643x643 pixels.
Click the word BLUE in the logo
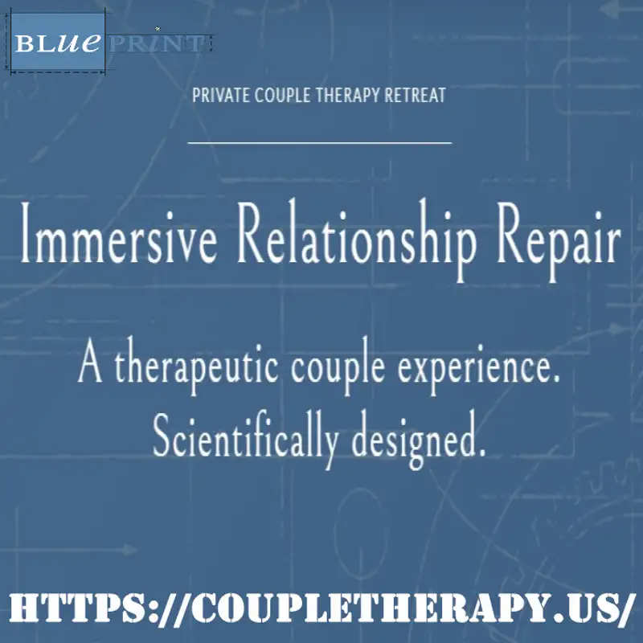[x=58, y=43]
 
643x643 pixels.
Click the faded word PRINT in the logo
[x=157, y=43]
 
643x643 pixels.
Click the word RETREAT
[x=415, y=95]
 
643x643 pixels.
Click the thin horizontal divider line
[x=319, y=143]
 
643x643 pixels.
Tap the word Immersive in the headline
[x=118, y=233]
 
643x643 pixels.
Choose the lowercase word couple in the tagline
[x=338, y=366]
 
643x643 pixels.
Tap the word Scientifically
[x=246, y=440]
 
